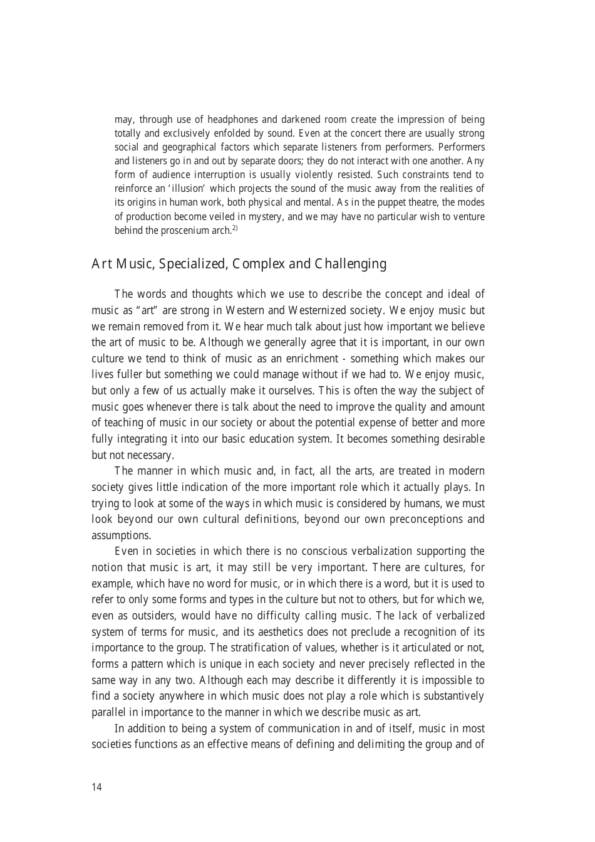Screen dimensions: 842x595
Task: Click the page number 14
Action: (x=96, y=787)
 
